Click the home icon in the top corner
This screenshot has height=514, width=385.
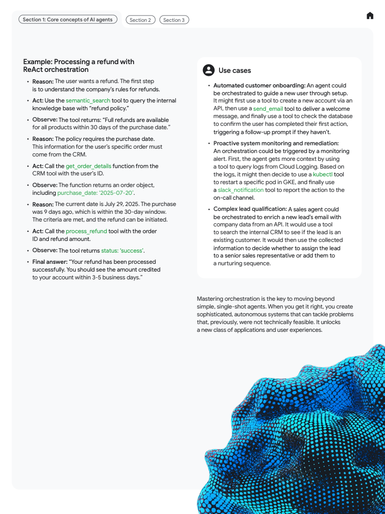370,16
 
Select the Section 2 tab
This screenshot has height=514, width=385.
140,20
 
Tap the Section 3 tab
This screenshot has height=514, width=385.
174,20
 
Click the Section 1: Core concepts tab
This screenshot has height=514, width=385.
67,20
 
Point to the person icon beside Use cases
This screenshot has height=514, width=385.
208,70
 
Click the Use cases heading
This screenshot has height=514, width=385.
234,70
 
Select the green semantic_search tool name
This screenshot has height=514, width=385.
88,101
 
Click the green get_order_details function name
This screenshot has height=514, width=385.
88,166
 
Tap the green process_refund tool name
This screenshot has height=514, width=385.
86,231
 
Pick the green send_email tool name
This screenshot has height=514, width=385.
268,109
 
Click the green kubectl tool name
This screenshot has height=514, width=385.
322,174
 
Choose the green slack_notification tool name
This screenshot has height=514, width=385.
241,190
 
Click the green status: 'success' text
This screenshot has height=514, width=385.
122,251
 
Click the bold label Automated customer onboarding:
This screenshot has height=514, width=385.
259,86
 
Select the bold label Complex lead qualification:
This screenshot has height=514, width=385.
250,209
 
